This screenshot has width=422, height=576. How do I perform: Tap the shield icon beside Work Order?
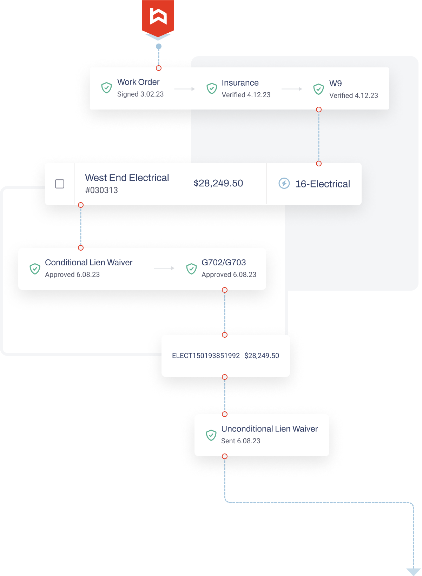tap(106, 88)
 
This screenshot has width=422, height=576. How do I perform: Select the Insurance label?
tap(240, 83)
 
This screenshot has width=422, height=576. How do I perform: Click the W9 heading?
tap(335, 84)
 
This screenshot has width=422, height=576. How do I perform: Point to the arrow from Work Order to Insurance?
tap(185, 89)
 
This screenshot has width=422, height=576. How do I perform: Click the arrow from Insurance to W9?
tap(292, 89)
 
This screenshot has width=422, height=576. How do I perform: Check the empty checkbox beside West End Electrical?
tap(60, 184)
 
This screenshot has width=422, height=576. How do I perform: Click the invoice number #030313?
tap(101, 190)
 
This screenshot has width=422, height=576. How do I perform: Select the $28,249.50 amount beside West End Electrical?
tap(218, 183)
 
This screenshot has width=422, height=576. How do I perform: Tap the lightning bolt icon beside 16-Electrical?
tap(284, 183)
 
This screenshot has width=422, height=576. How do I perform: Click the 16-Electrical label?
tap(323, 184)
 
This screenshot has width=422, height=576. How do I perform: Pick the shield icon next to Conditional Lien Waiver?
tap(35, 269)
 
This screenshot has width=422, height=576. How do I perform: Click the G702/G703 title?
tap(224, 263)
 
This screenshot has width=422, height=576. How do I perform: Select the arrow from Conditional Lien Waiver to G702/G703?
tap(164, 268)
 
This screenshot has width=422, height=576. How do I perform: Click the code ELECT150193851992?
tap(206, 356)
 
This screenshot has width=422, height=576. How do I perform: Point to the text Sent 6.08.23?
tap(240, 441)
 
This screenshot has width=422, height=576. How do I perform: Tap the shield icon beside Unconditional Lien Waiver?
tap(211, 435)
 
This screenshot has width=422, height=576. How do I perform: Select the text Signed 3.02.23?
tap(140, 94)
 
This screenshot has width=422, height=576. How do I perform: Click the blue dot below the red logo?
tap(159, 46)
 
